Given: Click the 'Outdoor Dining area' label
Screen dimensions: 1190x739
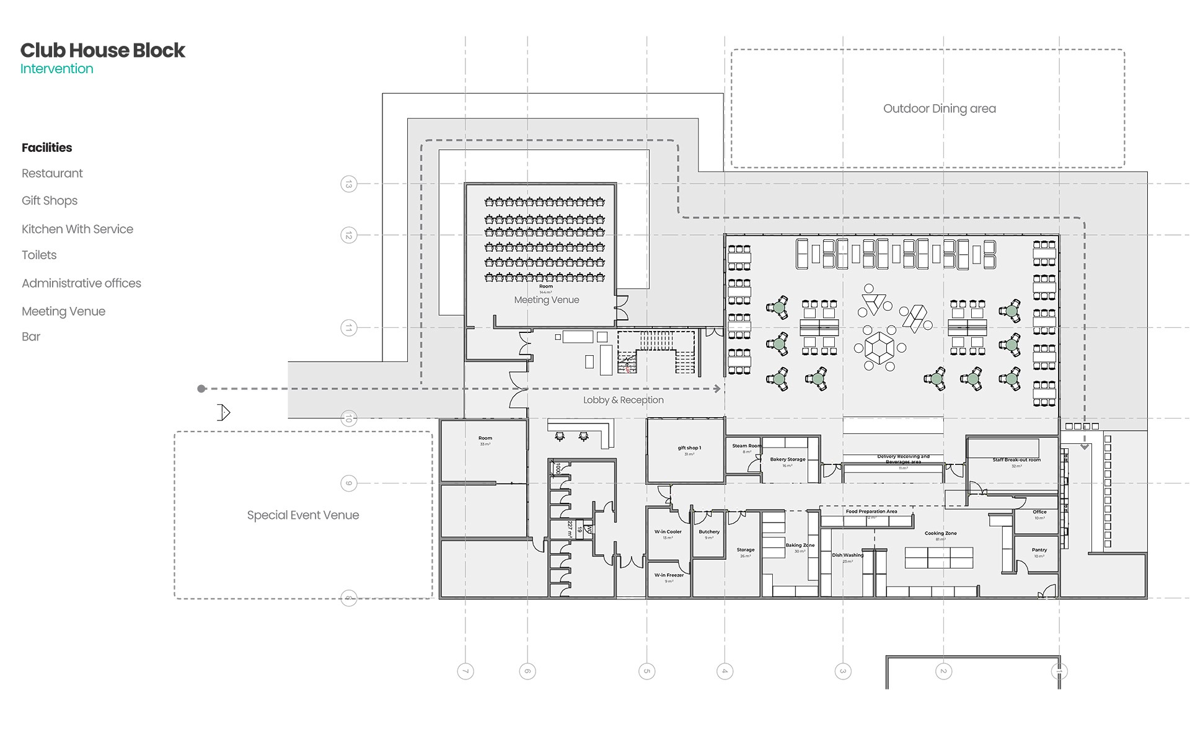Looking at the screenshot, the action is (x=939, y=108).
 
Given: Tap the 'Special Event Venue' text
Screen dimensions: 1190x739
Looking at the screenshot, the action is (x=302, y=515).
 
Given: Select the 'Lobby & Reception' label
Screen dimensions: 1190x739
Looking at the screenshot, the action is (x=623, y=400).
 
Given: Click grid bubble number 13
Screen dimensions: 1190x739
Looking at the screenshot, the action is (x=349, y=184).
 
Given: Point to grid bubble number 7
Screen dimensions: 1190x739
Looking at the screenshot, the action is (x=465, y=671).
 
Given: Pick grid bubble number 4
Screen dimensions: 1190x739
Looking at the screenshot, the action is (x=725, y=671).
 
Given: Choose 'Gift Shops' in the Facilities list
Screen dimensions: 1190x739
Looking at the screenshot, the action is (x=50, y=200).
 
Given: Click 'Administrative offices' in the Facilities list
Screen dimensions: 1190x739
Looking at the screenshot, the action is (x=81, y=283).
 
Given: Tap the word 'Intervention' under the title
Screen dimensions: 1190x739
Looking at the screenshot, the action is (x=56, y=69).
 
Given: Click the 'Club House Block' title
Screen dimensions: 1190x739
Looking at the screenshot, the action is (x=102, y=50).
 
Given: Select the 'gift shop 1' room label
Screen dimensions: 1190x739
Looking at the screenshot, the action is (x=689, y=448).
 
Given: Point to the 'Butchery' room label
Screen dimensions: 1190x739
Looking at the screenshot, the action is (x=709, y=532).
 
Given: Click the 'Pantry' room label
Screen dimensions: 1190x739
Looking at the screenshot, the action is (x=1039, y=550).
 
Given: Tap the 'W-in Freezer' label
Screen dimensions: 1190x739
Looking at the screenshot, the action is (x=669, y=575).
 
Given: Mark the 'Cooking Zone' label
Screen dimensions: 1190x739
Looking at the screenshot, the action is (x=940, y=533).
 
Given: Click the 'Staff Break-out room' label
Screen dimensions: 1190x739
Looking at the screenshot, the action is (x=1016, y=460).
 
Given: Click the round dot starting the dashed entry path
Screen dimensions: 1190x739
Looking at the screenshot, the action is (x=201, y=389).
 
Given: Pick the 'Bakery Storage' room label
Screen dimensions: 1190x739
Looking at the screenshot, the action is (x=788, y=459).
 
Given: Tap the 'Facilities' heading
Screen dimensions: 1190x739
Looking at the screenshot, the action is (x=46, y=148).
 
